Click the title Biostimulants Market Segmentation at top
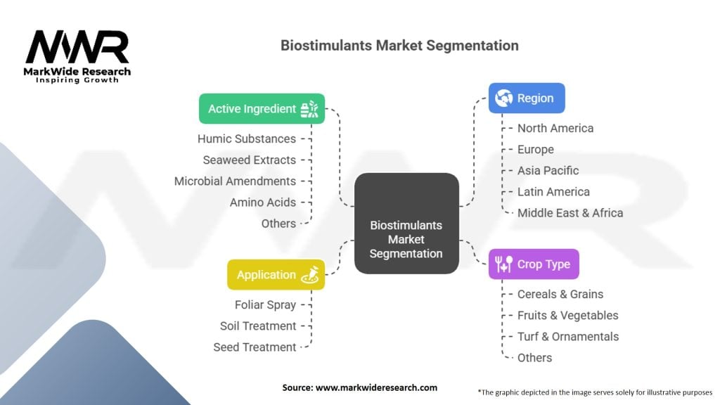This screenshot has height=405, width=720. pos(399,46)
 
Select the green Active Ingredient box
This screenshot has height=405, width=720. pos(262,109)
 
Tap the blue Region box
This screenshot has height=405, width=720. pos(527,98)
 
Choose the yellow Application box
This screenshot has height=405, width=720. pos(276,275)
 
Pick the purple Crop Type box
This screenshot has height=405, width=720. pos(534,264)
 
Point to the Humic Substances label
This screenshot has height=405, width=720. pos(247,139)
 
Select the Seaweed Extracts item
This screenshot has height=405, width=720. pos(250,160)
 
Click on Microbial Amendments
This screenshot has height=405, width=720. pos(235,181)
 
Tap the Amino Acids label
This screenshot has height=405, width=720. pos(263,202)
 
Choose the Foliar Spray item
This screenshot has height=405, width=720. pos(265,304)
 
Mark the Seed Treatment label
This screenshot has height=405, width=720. pos(255,347)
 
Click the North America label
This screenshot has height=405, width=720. pos(555,128)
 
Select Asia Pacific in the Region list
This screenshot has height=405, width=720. pos(548,170)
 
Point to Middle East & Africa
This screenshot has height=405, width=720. pos(570,212)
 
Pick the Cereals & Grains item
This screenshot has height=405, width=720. pos(560,294)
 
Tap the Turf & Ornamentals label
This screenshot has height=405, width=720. pos(568,336)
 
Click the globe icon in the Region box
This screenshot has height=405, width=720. pos(503,98)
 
